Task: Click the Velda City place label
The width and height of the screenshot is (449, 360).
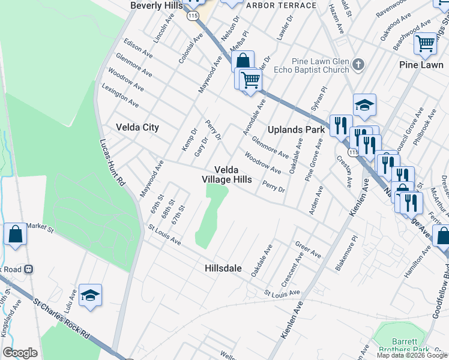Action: tap(137, 127)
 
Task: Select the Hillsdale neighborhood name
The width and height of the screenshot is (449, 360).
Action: tap(223, 268)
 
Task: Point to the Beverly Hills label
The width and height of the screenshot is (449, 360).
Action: tap(156, 5)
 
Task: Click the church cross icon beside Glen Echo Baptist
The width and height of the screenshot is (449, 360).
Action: tap(358, 64)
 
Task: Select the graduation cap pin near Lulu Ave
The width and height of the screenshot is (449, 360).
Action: tap(90, 295)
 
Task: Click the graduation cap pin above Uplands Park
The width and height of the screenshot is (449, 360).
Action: tap(364, 105)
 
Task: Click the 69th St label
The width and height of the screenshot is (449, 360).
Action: tap(157, 205)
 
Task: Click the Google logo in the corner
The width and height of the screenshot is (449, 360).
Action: tap(20, 353)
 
